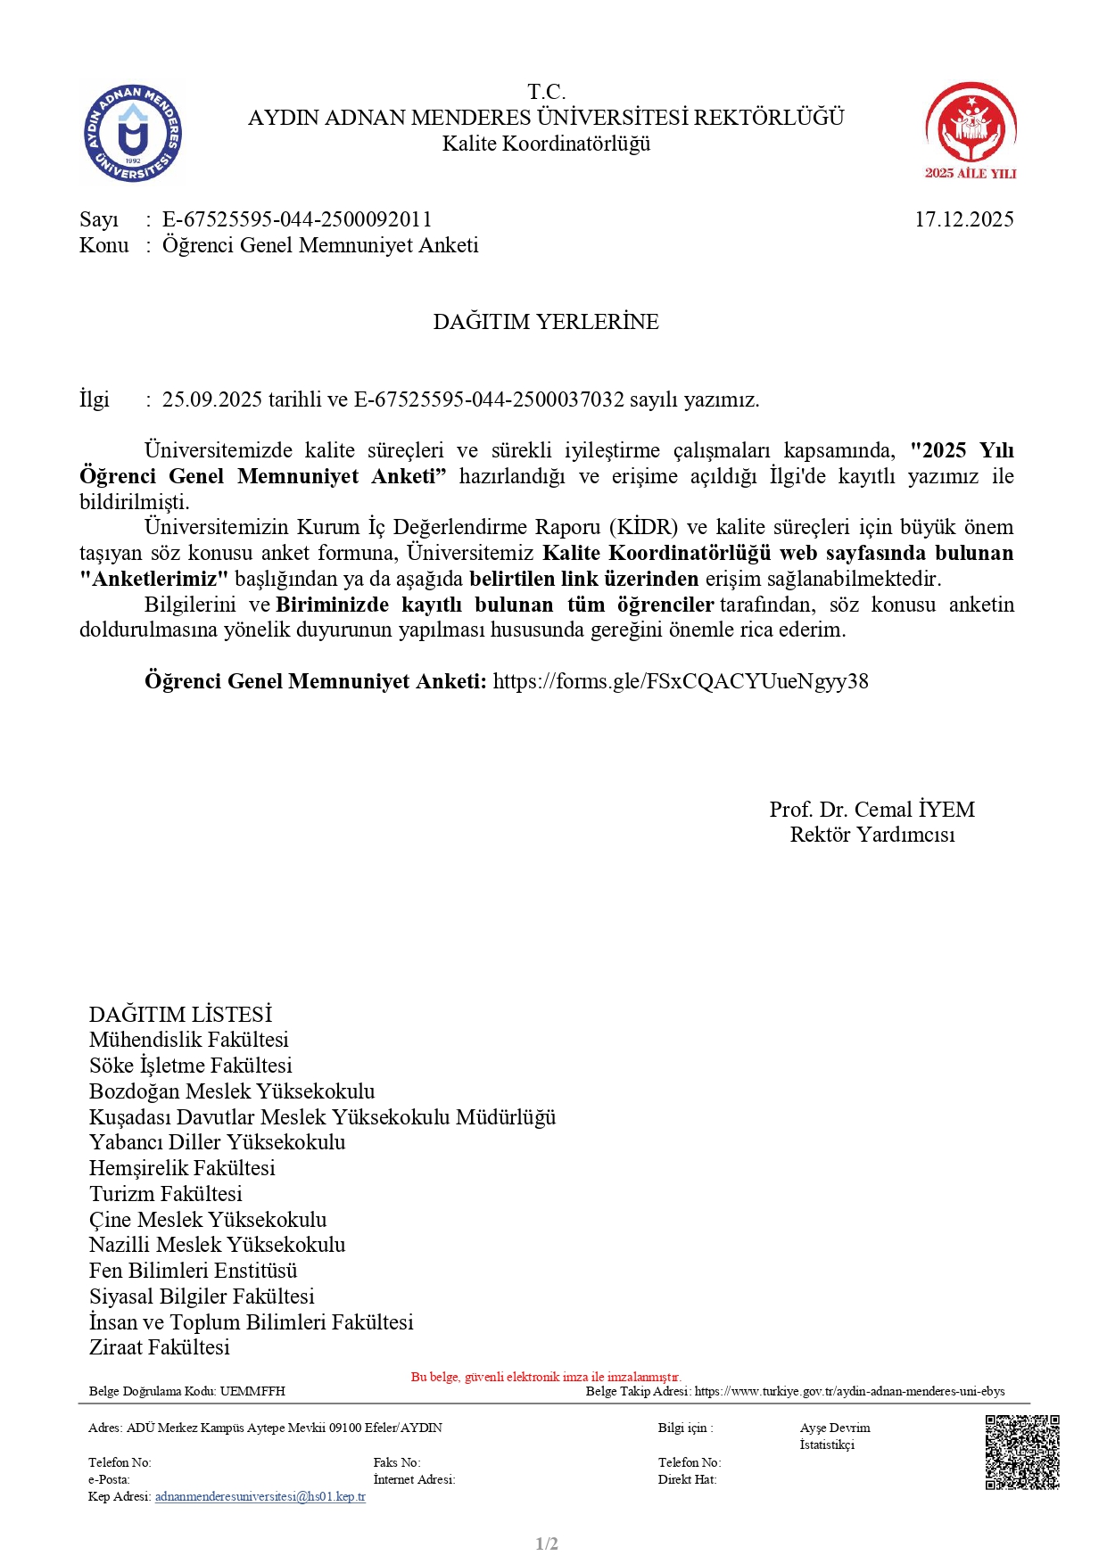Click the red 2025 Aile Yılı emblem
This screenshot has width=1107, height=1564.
point(971,130)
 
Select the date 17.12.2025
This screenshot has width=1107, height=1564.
point(963,219)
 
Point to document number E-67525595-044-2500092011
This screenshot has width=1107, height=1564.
point(297,219)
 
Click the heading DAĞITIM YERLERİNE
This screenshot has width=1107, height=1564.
point(546,322)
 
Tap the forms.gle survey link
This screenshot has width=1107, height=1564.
point(681,681)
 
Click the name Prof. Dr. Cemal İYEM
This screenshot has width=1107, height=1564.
point(872,810)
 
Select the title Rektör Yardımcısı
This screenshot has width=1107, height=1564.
point(872,835)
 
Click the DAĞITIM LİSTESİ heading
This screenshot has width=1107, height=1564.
point(180,1015)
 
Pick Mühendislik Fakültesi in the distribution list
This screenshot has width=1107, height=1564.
point(189,1040)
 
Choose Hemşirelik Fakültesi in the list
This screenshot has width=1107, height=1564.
point(182,1168)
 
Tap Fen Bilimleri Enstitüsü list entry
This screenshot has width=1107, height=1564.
point(194,1271)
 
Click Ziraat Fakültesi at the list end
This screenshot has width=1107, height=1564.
point(160,1347)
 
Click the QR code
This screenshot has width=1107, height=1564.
point(1021,1452)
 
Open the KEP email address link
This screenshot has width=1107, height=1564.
point(260,1496)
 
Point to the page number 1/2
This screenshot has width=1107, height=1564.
point(547,1543)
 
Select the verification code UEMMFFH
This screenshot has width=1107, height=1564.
point(252,1391)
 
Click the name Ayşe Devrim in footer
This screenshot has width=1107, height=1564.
point(835,1428)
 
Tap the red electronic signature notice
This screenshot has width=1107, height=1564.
point(546,1377)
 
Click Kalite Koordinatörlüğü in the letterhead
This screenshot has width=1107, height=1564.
point(546,144)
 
